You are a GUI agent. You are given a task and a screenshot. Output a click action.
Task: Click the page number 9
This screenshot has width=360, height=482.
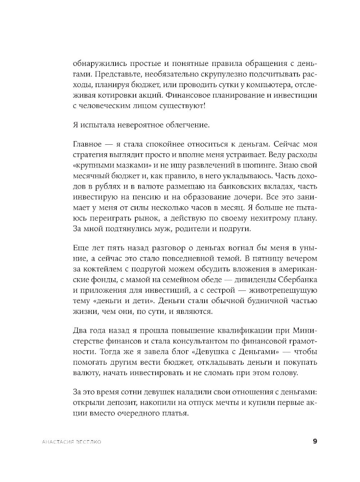(x=315, y=441)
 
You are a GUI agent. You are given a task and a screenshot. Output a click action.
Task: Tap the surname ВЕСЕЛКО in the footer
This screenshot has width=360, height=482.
(x=87, y=442)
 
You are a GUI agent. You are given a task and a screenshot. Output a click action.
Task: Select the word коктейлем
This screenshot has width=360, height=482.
(x=102, y=269)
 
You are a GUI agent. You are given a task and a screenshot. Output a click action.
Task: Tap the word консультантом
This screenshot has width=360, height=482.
(x=193, y=341)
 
